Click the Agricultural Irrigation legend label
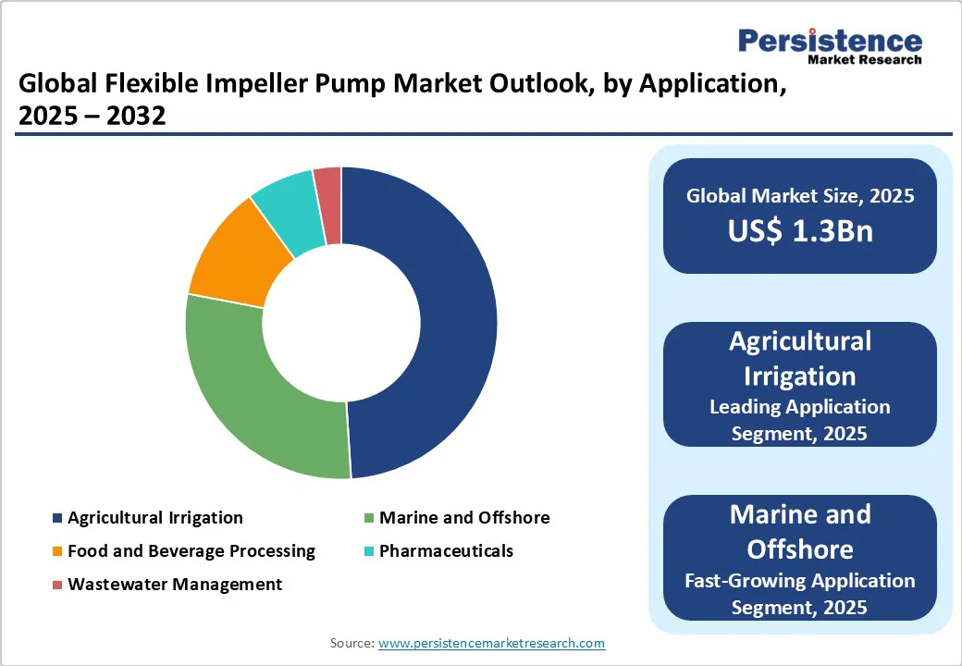(x=154, y=518)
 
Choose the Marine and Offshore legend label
(x=464, y=518)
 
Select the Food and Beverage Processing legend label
(x=191, y=551)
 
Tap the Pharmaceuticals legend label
(x=446, y=551)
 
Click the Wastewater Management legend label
(x=175, y=585)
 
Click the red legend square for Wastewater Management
(x=57, y=586)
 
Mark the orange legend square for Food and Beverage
(x=57, y=552)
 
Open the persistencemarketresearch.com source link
(x=491, y=643)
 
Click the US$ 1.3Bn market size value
(x=799, y=231)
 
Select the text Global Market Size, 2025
(x=799, y=196)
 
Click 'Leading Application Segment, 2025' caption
(x=799, y=420)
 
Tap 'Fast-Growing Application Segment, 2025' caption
(x=799, y=594)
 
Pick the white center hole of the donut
(x=341, y=323)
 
